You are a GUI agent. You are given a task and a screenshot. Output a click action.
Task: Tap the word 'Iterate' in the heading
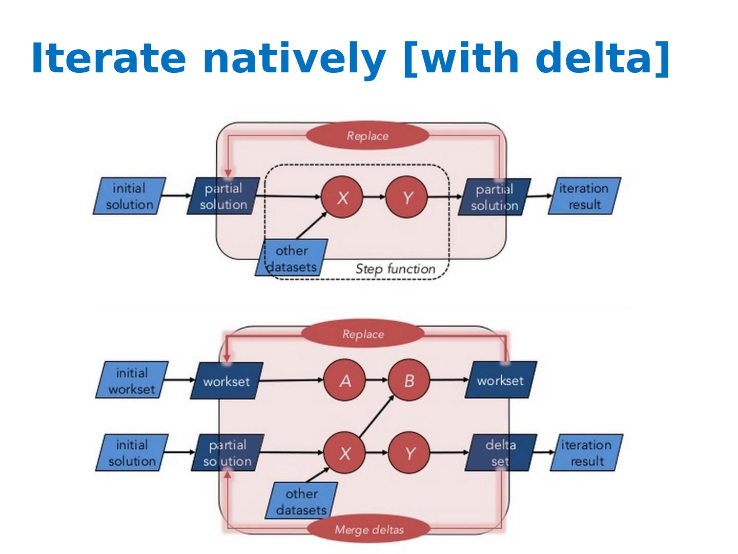coord(108,57)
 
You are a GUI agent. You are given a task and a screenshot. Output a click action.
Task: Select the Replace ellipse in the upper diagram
coord(367,135)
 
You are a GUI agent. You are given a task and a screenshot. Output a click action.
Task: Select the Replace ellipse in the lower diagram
coord(363,333)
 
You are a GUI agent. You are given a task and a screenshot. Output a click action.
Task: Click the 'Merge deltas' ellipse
coord(369,530)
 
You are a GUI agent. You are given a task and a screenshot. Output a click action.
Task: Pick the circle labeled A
coord(344,381)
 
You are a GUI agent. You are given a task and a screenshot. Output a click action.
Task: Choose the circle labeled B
coord(409,381)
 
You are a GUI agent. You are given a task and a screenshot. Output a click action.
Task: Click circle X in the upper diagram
coord(342,197)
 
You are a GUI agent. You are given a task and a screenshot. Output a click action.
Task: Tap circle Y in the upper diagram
coord(406,197)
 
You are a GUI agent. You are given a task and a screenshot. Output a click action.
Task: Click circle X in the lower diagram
coord(344,453)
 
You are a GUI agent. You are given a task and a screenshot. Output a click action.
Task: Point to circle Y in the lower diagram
coord(409,453)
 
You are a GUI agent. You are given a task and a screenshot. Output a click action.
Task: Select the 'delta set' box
coord(501,453)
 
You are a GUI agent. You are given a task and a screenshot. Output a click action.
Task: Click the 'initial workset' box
coord(132,380)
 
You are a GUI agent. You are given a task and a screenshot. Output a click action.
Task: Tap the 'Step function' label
coord(395,269)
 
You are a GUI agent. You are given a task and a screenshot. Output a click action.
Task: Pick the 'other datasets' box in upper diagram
coord(291,258)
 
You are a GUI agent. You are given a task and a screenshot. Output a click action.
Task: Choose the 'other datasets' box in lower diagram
coord(301,501)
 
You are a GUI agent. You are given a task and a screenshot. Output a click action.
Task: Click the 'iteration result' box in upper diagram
coord(584,196)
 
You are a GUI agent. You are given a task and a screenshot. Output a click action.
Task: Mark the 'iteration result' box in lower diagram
coord(587,453)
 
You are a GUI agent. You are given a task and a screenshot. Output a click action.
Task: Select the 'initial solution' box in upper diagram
coord(130,196)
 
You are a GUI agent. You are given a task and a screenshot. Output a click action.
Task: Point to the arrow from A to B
coord(377,380)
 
